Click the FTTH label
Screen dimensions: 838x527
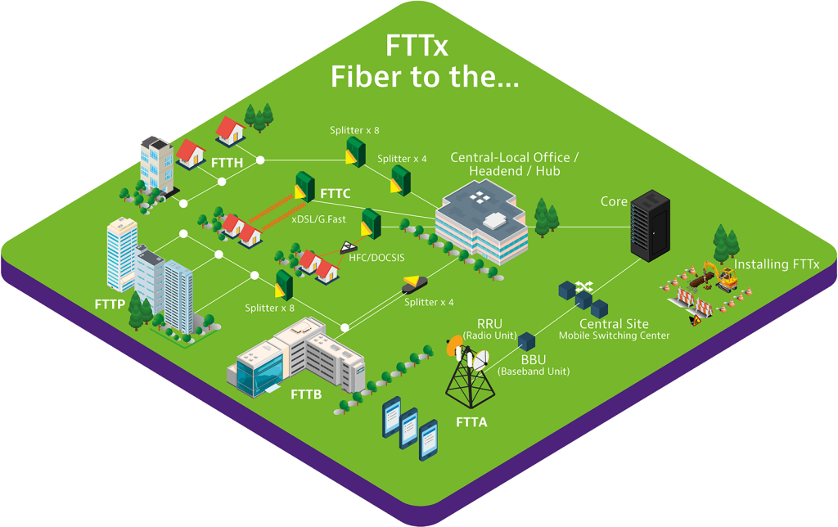pos(228,163)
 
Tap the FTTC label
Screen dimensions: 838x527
pos(335,193)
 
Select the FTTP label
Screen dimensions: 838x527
pos(110,304)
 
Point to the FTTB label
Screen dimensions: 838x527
pos(306,394)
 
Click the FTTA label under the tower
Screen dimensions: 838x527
pos(471,422)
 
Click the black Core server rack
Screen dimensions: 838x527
pos(650,226)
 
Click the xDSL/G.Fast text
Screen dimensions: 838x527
pos(318,219)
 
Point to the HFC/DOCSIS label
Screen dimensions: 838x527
pos(376,258)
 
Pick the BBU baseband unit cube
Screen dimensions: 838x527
pos(526,341)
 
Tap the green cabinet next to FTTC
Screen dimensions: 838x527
pos(304,187)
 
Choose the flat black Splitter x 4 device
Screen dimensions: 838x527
pos(415,284)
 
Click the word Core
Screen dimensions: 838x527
pos(614,201)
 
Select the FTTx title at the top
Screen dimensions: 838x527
pos(417,46)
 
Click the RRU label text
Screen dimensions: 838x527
pos(489,324)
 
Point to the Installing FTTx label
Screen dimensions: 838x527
pos(777,264)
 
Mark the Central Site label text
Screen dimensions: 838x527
pos(614,324)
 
